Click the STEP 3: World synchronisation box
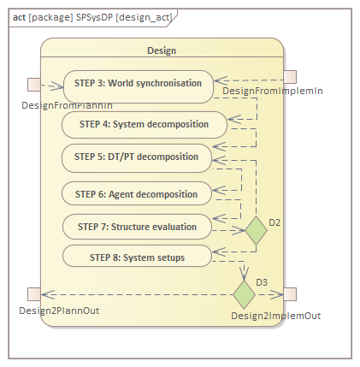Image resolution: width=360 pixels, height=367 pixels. pos(139,86)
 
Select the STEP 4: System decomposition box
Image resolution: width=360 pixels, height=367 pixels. pos(145,125)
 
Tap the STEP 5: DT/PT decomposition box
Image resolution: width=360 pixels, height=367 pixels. pos(137,158)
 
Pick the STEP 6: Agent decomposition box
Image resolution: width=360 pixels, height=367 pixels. pos(137,193)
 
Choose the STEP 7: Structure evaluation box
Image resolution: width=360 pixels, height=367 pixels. pos(137,227)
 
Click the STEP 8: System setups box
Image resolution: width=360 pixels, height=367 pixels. pos(137,256)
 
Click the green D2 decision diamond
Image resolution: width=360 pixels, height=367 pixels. pos(256,230)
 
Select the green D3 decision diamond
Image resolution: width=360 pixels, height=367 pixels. pos(244,294)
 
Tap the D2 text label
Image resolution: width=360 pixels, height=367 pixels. pos(274,222)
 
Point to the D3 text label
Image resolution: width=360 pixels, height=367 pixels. pos(262,282)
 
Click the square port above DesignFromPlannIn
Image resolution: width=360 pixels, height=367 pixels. pos(34,85)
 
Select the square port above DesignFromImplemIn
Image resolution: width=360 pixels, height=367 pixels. pos(290,77)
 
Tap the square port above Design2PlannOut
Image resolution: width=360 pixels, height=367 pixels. pos(34,294)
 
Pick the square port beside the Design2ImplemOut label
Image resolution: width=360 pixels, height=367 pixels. pos(290,294)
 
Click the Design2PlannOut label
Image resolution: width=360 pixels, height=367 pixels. pos(59,311)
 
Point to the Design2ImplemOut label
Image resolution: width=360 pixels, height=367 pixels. pos(276,316)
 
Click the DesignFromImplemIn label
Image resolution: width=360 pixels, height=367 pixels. pos(273,91)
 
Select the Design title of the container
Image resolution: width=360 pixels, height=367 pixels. pos(162,50)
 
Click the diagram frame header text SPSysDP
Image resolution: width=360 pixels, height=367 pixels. pos(94,17)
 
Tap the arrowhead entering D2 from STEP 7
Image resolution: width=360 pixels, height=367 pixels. pos(239,230)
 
